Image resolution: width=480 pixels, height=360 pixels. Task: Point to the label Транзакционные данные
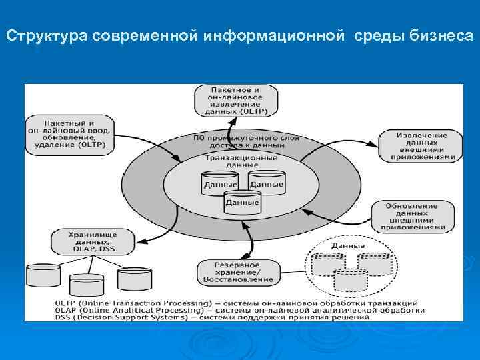[x=241, y=161]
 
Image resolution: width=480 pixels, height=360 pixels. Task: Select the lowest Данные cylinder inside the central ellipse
[x=243, y=202]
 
